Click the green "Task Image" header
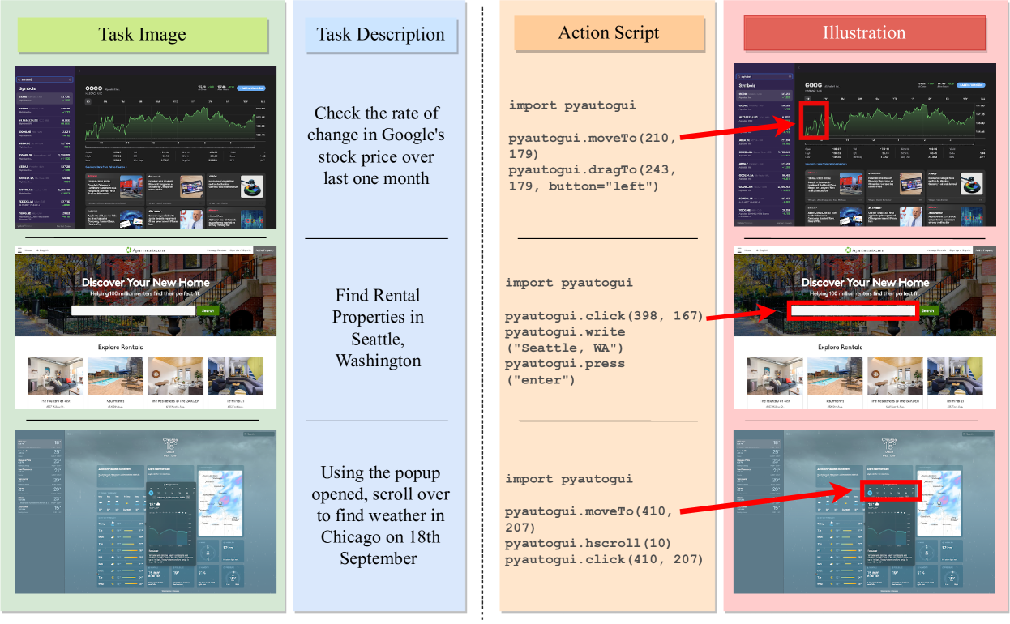(x=142, y=35)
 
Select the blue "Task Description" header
(x=380, y=35)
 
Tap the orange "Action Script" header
(x=608, y=33)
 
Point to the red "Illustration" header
(x=864, y=33)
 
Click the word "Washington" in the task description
(x=379, y=360)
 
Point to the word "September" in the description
(x=379, y=558)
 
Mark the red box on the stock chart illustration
(x=813, y=121)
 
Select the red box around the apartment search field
(x=851, y=310)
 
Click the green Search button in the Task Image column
(x=208, y=310)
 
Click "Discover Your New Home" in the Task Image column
(x=146, y=282)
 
